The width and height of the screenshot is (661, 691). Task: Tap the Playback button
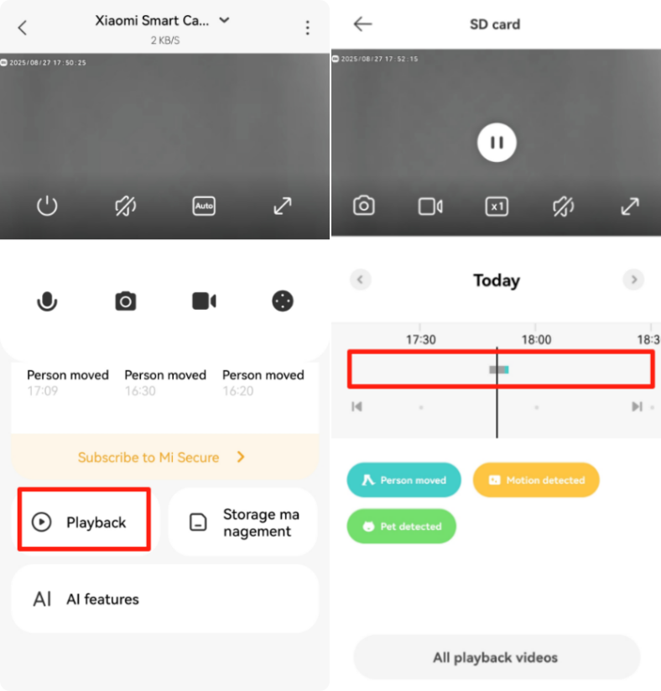click(x=84, y=521)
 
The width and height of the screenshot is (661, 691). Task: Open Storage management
click(x=243, y=521)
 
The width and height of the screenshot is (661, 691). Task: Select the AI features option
click(x=164, y=599)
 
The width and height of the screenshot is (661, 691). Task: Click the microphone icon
click(x=47, y=301)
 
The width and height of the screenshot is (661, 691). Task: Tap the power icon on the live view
click(x=47, y=206)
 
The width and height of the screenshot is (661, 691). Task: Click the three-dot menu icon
click(x=307, y=28)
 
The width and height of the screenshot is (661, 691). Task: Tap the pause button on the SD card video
click(x=497, y=143)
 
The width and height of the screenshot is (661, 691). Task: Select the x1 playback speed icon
click(x=497, y=207)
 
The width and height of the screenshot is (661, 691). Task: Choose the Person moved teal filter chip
click(x=403, y=480)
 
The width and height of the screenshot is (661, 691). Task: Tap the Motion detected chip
click(x=536, y=480)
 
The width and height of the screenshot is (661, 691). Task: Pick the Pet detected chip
click(x=401, y=526)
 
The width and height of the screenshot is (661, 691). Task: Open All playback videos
click(x=497, y=657)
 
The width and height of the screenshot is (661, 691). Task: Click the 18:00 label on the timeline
click(x=536, y=340)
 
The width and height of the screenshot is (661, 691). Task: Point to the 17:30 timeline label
click(x=420, y=340)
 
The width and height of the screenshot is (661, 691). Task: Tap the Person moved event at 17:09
click(x=68, y=383)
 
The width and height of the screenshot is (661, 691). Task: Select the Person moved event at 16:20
click(x=263, y=383)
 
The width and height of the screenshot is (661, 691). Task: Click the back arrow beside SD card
click(x=363, y=24)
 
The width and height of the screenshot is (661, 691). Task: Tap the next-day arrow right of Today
click(x=633, y=280)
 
